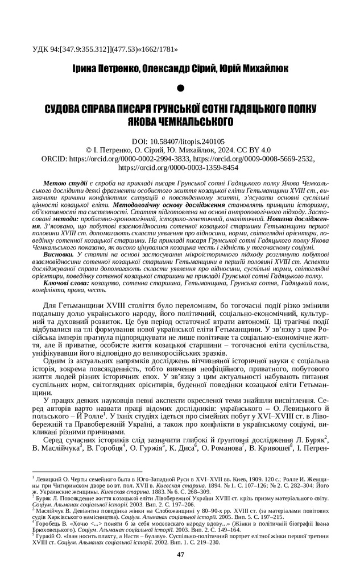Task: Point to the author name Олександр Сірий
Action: click(179, 68)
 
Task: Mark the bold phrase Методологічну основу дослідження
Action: click(171, 204)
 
